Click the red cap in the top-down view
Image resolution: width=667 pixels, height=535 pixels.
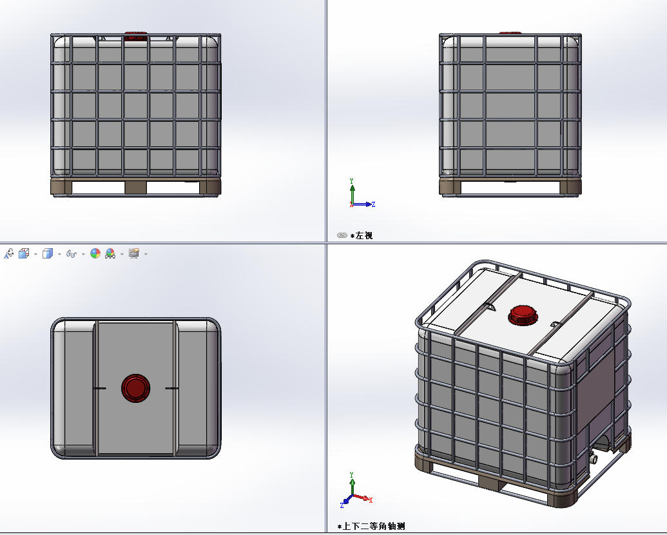[x=136, y=388]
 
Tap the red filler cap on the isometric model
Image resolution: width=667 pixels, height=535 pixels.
[x=523, y=315]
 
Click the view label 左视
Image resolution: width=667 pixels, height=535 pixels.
[x=364, y=235]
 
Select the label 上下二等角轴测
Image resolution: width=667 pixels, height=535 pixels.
[x=374, y=526]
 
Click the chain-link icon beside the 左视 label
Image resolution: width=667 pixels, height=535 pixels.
[x=342, y=235]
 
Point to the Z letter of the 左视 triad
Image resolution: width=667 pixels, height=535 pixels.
[x=373, y=204]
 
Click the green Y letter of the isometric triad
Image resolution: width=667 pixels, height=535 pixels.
[x=352, y=474]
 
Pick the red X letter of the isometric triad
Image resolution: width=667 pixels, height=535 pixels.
[x=371, y=500]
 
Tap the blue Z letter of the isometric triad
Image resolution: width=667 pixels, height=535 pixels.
[x=342, y=505]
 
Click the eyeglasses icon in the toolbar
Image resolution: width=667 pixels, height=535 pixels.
[x=71, y=254]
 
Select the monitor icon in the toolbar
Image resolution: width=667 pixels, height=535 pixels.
[x=134, y=254]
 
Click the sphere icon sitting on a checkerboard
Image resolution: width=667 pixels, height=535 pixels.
[x=110, y=254]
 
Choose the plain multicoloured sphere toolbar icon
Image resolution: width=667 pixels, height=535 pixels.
[x=95, y=254]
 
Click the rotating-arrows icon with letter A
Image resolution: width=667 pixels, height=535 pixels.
[x=8, y=254]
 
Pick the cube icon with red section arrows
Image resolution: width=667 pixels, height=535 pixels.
[x=24, y=254]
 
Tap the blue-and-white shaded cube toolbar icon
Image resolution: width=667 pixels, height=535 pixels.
[x=47, y=254]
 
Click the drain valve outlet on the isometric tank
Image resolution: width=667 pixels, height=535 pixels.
[x=593, y=458]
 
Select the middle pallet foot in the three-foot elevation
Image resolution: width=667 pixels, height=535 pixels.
[x=136, y=188]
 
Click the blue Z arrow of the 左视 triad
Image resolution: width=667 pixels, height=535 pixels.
[x=362, y=204]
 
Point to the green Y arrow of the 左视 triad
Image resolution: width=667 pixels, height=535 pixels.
[x=353, y=194]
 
